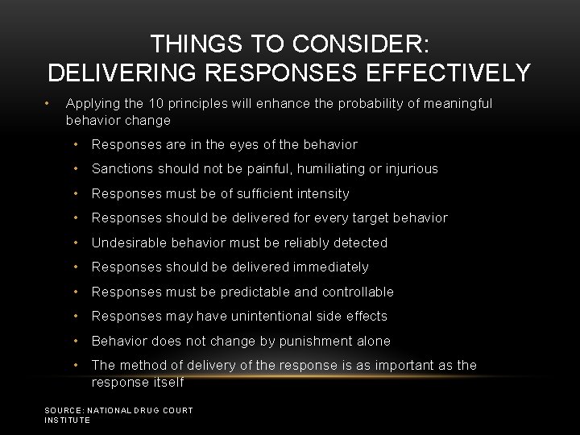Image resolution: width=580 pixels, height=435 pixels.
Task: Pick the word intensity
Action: click(321, 193)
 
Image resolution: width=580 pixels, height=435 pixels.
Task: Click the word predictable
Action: click(241, 292)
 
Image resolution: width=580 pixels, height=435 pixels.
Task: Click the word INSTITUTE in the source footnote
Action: click(68, 420)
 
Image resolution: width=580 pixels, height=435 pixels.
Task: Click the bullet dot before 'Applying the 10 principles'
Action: click(49, 103)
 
